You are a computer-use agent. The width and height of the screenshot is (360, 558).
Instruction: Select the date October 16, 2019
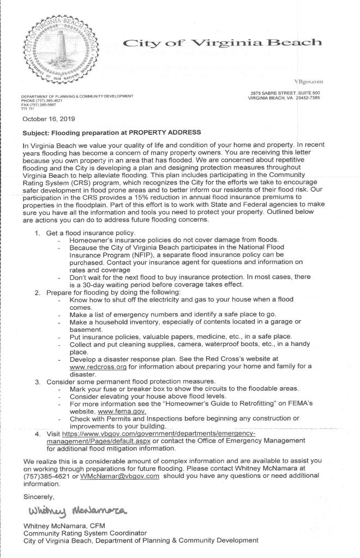point(50,118)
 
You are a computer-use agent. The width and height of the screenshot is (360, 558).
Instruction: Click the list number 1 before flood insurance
point(37,233)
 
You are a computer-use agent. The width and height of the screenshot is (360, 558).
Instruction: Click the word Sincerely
point(39,497)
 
